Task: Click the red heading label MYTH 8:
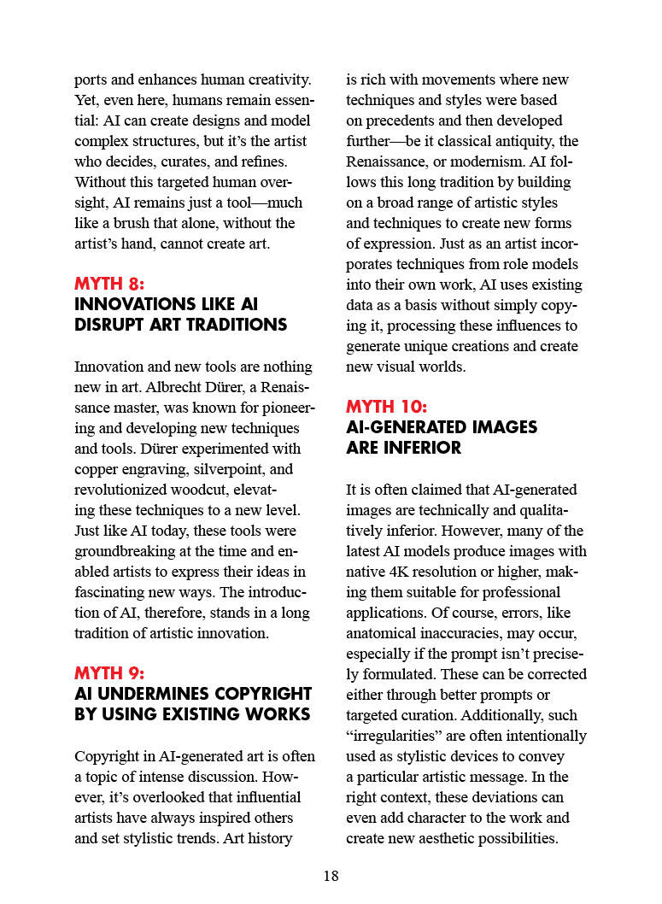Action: click(x=110, y=284)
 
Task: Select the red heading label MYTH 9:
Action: click(x=110, y=673)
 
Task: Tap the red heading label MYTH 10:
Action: click(x=386, y=407)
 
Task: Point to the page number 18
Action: click(x=331, y=876)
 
